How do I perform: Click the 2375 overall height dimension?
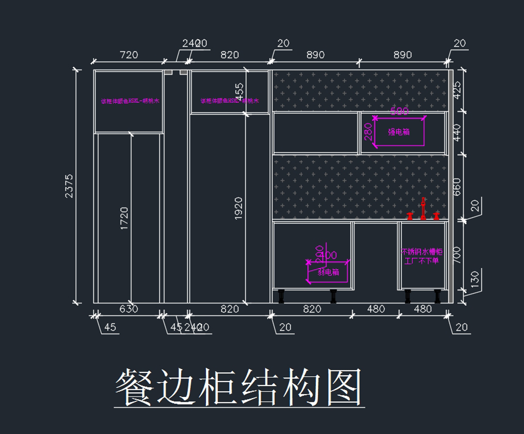(69, 186)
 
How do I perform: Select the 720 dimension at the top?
(128, 55)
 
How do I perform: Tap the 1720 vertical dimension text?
(124, 219)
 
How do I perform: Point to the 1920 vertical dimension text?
(238, 208)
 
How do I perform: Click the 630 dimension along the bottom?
(128, 309)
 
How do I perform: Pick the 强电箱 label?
(399, 132)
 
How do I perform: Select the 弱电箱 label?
(328, 272)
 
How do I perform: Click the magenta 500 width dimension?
(399, 112)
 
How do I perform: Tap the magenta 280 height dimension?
(368, 132)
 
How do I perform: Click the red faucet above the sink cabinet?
(423, 209)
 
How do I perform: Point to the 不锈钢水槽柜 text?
(422, 252)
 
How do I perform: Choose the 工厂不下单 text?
(422, 261)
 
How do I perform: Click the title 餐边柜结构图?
(239, 388)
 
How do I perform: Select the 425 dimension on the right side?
(457, 90)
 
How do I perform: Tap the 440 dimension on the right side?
(457, 132)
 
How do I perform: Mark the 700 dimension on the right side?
(457, 255)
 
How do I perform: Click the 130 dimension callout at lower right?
(475, 279)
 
